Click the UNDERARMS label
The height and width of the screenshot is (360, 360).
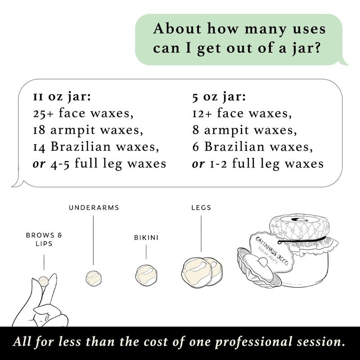[x=94, y=207]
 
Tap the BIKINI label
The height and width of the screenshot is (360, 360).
[x=146, y=238]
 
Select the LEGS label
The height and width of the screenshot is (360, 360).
[x=201, y=207]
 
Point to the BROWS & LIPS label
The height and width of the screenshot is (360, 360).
[x=44, y=239]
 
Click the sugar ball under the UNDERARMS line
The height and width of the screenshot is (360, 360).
[x=94, y=278]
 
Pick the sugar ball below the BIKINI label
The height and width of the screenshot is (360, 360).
[x=146, y=275]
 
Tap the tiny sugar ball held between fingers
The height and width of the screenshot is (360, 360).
[x=43, y=281]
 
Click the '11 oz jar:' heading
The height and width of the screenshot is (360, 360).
[x=62, y=97]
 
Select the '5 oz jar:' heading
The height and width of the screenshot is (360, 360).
[x=219, y=97]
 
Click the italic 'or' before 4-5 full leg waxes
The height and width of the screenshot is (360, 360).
[x=39, y=164]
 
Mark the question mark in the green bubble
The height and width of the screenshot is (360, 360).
[x=316, y=48]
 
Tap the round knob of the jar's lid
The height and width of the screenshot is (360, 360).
[x=262, y=261]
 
